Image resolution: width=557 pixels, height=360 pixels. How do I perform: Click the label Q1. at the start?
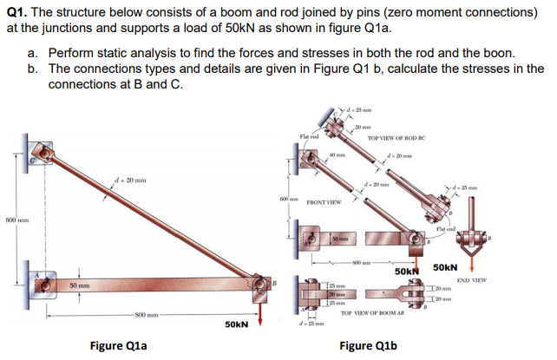(x=19, y=12)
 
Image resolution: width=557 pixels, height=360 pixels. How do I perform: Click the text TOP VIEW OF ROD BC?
(x=397, y=139)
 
